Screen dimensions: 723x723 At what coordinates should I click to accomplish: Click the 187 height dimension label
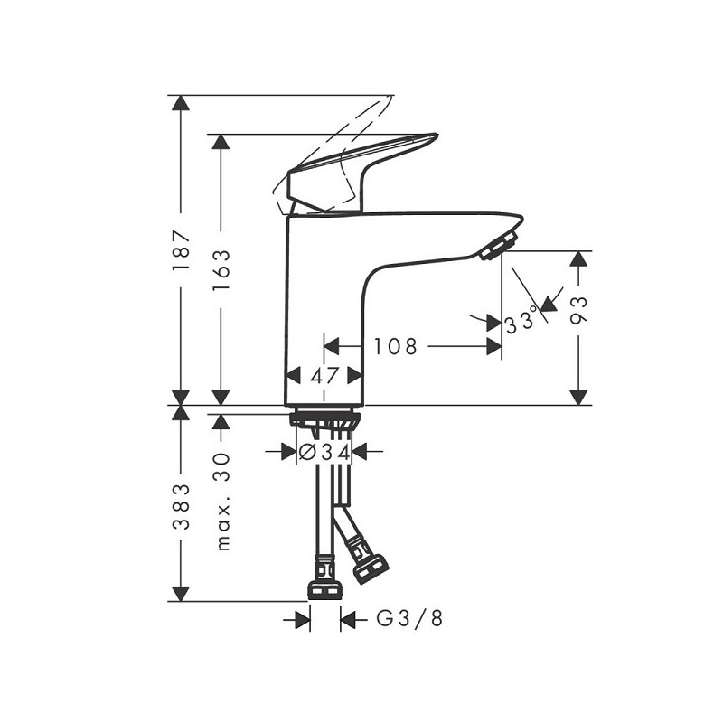click(181, 249)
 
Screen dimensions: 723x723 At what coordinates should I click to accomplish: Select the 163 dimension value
click(221, 270)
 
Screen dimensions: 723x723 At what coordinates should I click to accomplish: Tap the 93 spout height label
click(578, 310)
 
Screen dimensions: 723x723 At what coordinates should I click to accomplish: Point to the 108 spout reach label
click(395, 347)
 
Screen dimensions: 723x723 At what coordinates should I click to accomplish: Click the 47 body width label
click(324, 376)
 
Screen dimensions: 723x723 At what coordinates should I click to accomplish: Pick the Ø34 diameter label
click(324, 453)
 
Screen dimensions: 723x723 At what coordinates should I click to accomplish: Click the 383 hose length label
click(181, 506)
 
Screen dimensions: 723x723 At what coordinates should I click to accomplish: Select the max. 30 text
click(222, 502)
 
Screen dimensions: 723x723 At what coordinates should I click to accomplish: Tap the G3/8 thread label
click(409, 618)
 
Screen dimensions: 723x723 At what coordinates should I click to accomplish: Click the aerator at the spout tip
click(498, 246)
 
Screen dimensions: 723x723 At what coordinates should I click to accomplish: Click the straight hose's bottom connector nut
click(324, 590)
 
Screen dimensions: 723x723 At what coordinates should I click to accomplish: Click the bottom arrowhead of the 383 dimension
click(180, 595)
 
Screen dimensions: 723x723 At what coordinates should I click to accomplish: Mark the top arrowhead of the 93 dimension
click(578, 258)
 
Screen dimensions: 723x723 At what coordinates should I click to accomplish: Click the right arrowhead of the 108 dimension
click(494, 346)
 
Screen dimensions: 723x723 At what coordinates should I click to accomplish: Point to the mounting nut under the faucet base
click(324, 419)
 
